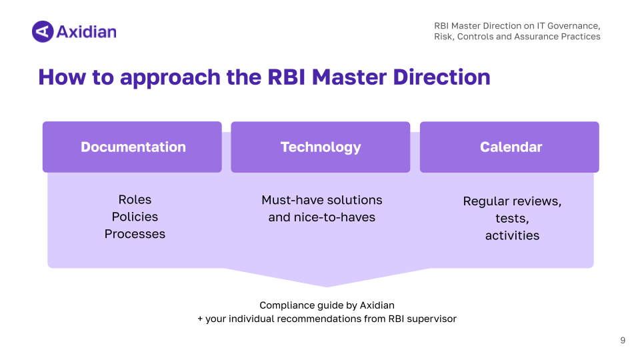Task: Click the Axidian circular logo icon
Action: click(42, 31)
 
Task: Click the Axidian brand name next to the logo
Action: click(86, 31)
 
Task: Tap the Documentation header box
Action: click(132, 147)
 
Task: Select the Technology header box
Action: click(321, 147)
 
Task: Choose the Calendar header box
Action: click(510, 147)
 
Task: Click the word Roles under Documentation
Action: click(135, 199)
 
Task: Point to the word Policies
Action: click(135, 217)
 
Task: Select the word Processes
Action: click(135, 234)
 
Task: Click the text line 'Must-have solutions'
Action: click(321, 200)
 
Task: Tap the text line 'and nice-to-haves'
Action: click(321, 217)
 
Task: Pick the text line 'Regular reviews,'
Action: click(512, 201)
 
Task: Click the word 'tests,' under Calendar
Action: click(512, 219)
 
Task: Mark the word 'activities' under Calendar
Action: click(512, 235)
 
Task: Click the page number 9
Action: click(623, 341)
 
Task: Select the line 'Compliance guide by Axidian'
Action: click(327, 305)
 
